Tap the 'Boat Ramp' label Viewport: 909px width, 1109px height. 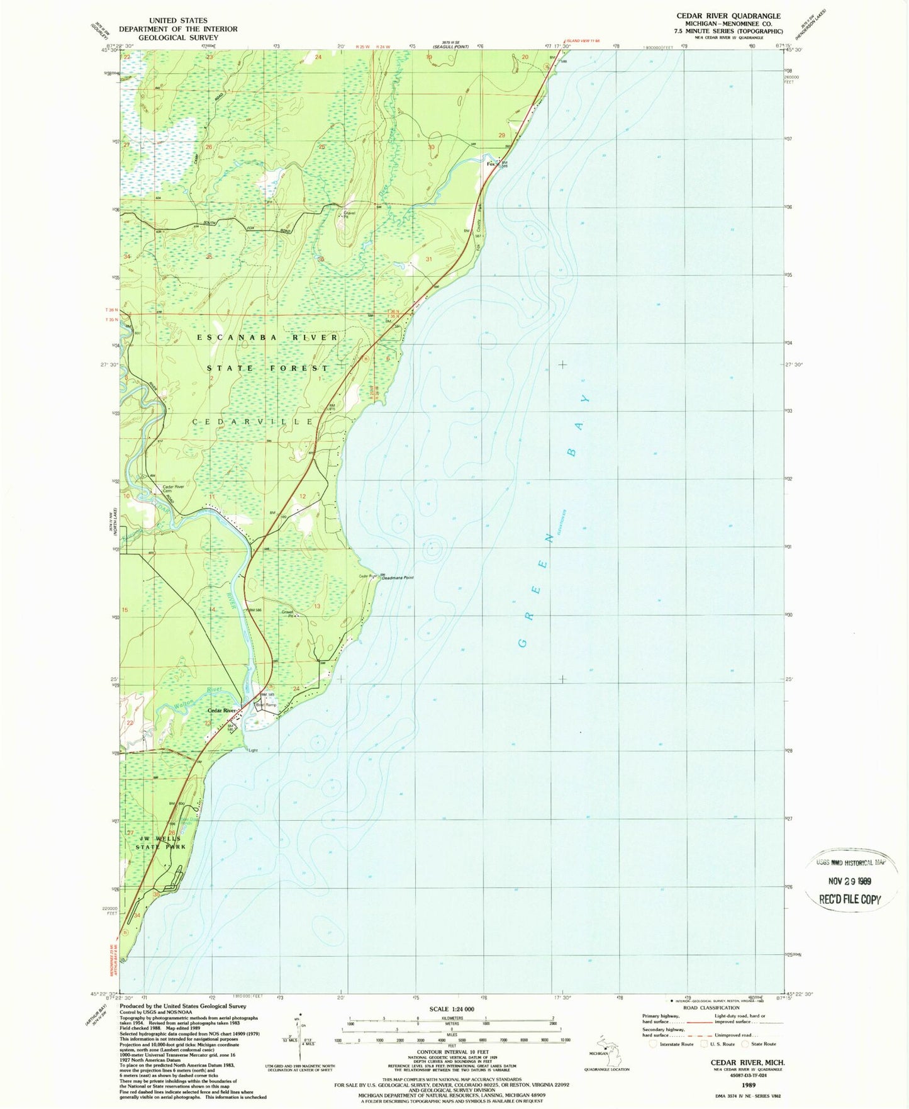click(x=265, y=705)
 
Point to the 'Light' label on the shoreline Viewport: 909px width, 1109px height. click(x=253, y=750)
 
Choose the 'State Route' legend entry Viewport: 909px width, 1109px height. click(x=761, y=1044)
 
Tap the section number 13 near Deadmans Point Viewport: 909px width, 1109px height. click(x=317, y=606)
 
